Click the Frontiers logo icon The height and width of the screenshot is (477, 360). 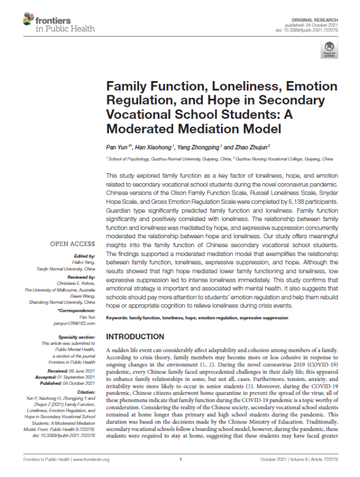29,20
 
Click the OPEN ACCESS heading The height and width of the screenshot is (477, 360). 72,244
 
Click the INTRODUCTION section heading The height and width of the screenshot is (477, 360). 135,337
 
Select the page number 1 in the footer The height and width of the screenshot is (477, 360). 180,460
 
